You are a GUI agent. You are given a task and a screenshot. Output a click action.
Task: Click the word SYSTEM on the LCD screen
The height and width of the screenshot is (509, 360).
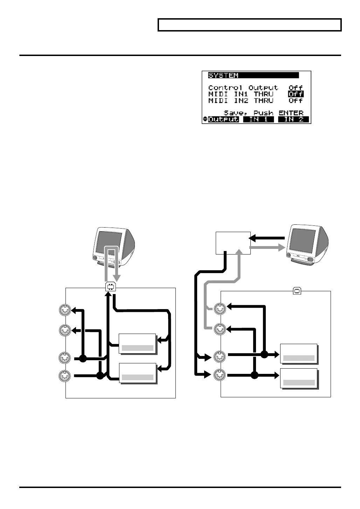tap(223, 75)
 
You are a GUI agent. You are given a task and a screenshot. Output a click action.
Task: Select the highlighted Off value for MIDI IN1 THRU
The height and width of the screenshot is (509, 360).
tap(296, 94)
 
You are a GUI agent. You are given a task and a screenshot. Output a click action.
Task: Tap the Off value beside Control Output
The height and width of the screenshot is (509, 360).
tap(296, 88)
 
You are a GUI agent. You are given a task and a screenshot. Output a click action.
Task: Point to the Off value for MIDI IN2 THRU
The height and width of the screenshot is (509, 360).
tap(296, 101)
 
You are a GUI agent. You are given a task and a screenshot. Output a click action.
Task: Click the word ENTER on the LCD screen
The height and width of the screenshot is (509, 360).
tap(291, 113)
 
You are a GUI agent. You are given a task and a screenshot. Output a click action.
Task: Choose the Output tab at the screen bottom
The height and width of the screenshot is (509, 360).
tap(223, 119)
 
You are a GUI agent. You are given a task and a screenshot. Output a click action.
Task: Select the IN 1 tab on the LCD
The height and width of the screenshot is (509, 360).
tap(258, 119)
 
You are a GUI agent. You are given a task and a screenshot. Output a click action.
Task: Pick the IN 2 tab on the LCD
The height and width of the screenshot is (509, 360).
tap(293, 119)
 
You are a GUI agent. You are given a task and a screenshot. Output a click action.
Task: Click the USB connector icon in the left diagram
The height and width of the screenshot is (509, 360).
tap(111, 287)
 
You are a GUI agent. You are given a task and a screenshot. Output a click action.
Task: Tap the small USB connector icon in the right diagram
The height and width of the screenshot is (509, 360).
tap(297, 291)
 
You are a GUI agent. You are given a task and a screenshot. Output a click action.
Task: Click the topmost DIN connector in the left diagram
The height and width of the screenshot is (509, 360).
tap(65, 310)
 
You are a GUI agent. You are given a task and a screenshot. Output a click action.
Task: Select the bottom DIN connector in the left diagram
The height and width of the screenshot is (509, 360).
tap(65, 376)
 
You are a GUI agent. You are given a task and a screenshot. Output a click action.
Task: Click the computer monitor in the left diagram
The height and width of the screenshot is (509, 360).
tap(114, 247)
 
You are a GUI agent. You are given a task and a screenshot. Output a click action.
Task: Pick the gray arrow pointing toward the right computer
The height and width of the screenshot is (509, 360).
tap(268, 248)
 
